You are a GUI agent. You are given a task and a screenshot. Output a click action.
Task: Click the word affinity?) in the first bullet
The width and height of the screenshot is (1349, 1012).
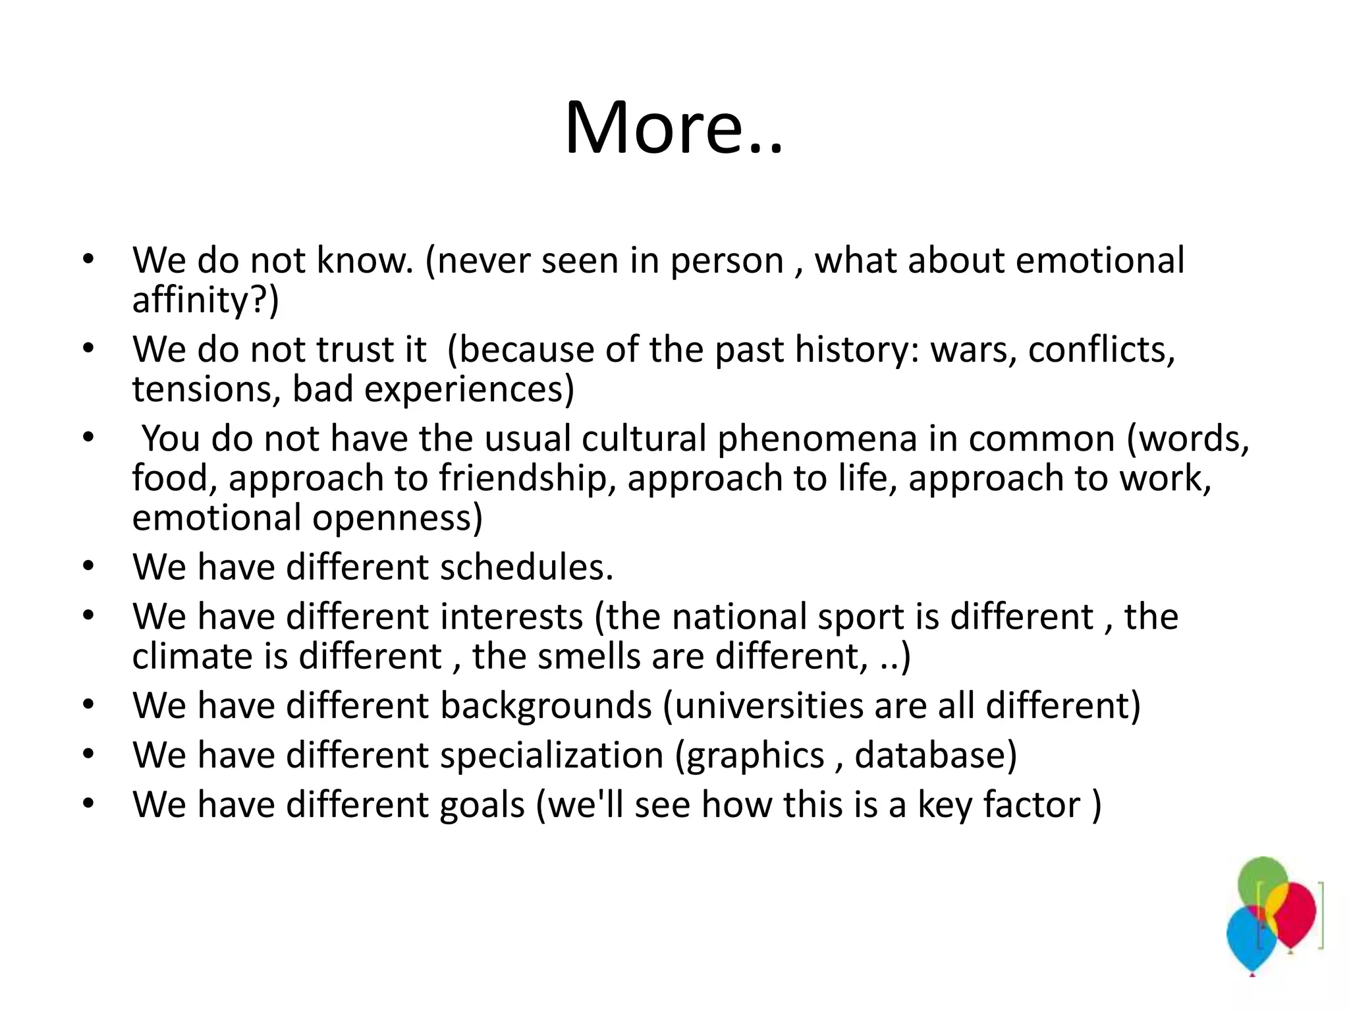point(206,300)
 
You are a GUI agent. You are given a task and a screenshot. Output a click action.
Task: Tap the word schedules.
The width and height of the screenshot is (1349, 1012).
point(526,567)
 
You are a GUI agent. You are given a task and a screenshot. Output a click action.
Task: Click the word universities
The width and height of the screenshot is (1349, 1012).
point(768,706)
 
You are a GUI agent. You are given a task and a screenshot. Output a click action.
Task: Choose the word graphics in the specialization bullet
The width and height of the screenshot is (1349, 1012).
point(755,756)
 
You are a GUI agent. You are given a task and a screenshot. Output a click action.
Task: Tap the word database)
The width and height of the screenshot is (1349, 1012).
point(935,755)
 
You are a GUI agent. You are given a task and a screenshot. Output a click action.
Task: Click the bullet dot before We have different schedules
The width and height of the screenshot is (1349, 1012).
point(88,567)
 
